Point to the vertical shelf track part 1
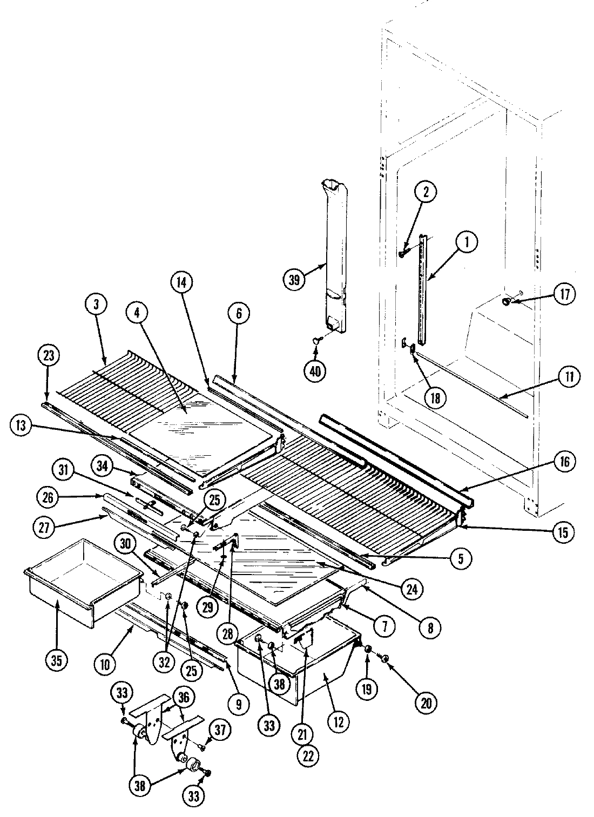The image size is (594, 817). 422,292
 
